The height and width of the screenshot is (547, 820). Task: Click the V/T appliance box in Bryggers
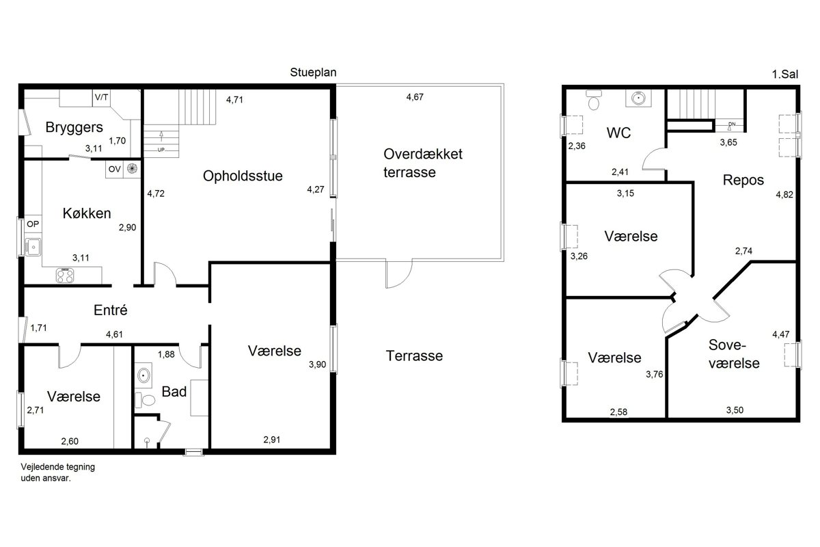101,98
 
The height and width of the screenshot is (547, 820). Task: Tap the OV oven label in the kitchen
115,170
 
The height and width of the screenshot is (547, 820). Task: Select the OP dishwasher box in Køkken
33,224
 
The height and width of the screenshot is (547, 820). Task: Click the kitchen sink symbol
33,247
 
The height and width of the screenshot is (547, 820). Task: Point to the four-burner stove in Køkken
65,276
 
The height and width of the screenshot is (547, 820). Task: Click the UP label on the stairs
161,150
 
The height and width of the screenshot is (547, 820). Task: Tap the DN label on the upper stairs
732,124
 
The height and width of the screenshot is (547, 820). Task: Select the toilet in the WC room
594,100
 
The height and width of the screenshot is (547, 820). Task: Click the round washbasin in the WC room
638,98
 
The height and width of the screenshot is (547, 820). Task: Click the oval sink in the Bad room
143,375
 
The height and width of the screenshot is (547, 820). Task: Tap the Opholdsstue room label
243,176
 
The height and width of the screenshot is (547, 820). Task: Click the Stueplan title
313,72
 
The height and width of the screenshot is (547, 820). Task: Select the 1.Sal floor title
785,75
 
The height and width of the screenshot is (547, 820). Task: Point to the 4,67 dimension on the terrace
415,97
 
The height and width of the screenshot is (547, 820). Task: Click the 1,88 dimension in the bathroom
166,354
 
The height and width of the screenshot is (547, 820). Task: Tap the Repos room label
743,181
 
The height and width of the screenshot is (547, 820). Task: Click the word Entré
111,310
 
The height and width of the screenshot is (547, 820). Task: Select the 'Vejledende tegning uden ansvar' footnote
58,472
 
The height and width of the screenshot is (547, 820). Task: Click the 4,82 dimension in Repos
784,195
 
